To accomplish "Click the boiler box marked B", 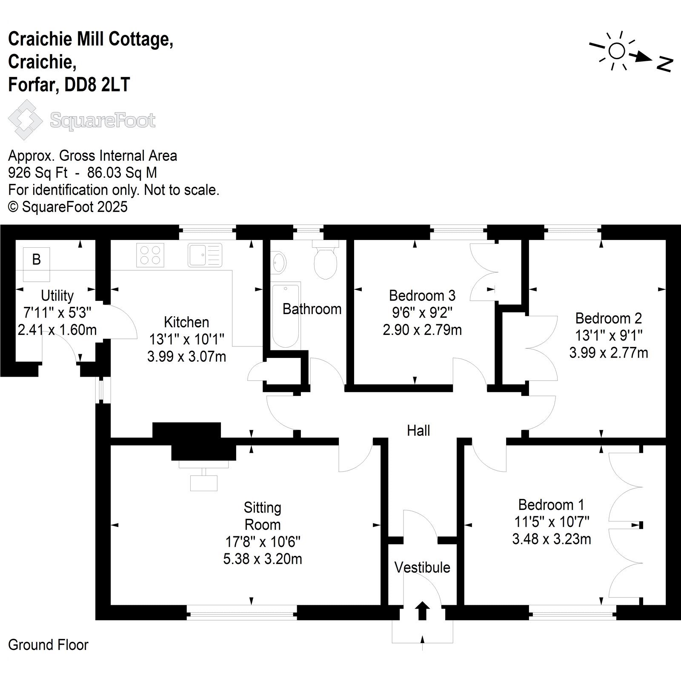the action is (36, 264).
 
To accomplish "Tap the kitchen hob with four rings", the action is (150, 255).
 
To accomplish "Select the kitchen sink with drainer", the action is (205, 255).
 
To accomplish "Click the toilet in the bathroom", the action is (325, 260).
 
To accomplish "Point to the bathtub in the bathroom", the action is (286, 315).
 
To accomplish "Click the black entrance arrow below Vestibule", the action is (422, 611).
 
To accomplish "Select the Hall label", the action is (418, 431).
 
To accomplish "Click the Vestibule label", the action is (422, 567).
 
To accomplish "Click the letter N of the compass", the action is (664, 64).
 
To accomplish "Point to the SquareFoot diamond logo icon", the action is (26, 120).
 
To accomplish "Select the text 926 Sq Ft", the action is (38, 173).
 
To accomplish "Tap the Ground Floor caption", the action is (48, 645).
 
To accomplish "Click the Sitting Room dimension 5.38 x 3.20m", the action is (263, 559).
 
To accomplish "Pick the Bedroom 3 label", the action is (422, 295).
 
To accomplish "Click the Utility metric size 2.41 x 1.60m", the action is (57, 330).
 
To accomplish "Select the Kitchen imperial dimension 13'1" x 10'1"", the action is (186, 339).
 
